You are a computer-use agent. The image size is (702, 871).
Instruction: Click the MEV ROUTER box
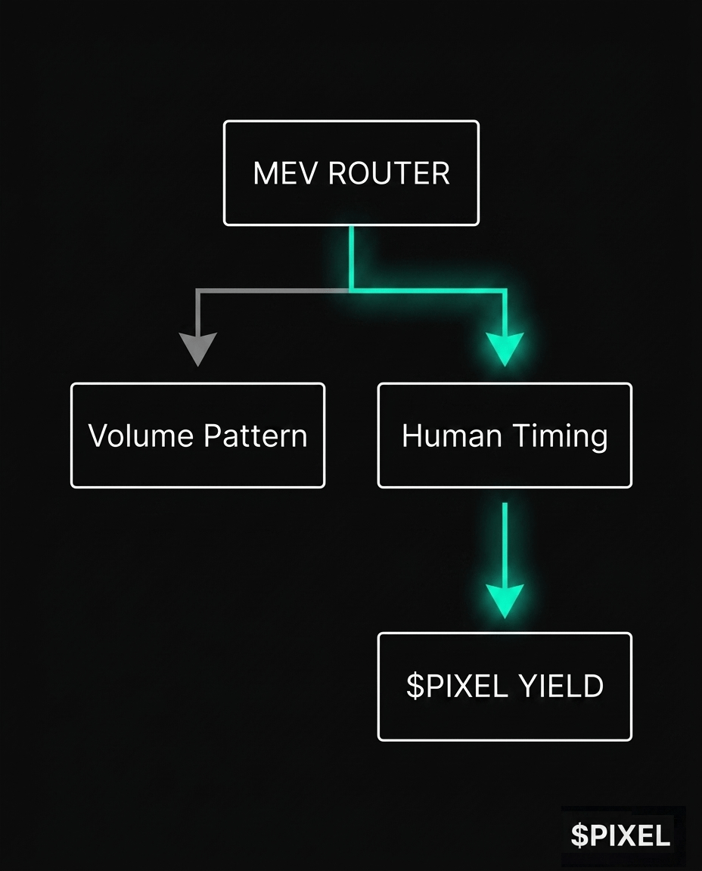tap(351, 173)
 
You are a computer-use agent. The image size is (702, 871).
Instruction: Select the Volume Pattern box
tap(197, 435)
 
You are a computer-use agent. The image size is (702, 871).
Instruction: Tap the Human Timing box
tap(505, 435)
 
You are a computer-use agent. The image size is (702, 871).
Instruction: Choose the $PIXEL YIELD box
tap(505, 686)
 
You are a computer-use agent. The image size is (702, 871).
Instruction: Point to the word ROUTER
tap(390, 173)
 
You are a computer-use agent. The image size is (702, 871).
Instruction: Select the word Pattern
tap(255, 435)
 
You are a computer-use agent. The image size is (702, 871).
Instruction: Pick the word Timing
tap(560, 435)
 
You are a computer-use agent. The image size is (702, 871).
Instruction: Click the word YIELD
tap(561, 686)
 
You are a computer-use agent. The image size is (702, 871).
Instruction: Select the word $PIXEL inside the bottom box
tap(456, 686)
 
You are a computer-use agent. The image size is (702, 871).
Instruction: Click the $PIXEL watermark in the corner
tap(621, 835)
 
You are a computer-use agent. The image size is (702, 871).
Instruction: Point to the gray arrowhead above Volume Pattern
tap(197, 349)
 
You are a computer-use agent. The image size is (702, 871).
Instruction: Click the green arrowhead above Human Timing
tap(505, 349)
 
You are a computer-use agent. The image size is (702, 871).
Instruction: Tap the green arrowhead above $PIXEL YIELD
tap(505, 600)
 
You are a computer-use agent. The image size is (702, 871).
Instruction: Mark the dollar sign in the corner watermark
tap(579, 835)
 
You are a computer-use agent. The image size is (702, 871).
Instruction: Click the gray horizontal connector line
tap(272, 290)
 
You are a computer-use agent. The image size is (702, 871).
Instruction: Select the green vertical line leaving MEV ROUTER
tap(351, 257)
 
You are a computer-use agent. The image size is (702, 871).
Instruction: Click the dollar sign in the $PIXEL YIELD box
tap(414, 686)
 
